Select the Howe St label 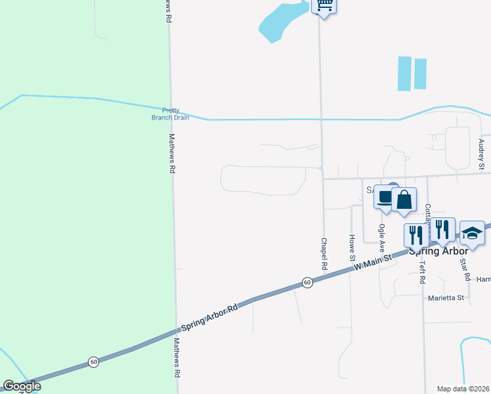click(352, 246)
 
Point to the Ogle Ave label click(381, 238)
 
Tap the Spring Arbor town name click(438, 251)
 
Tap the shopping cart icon click(324, 6)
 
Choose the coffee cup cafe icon click(384, 197)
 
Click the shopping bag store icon click(404, 199)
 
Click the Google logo click(22, 387)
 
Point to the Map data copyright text click(463, 389)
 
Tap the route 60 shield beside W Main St click(307, 282)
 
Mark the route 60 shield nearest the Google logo click(94, 362)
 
